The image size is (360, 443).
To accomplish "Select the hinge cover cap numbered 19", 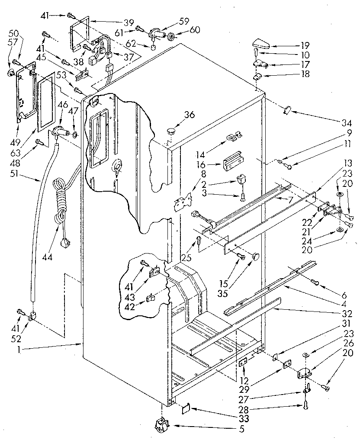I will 261,44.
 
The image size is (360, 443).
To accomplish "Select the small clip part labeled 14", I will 233,137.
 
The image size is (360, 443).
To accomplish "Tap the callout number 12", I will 245,380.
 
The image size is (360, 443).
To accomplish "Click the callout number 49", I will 19,129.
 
